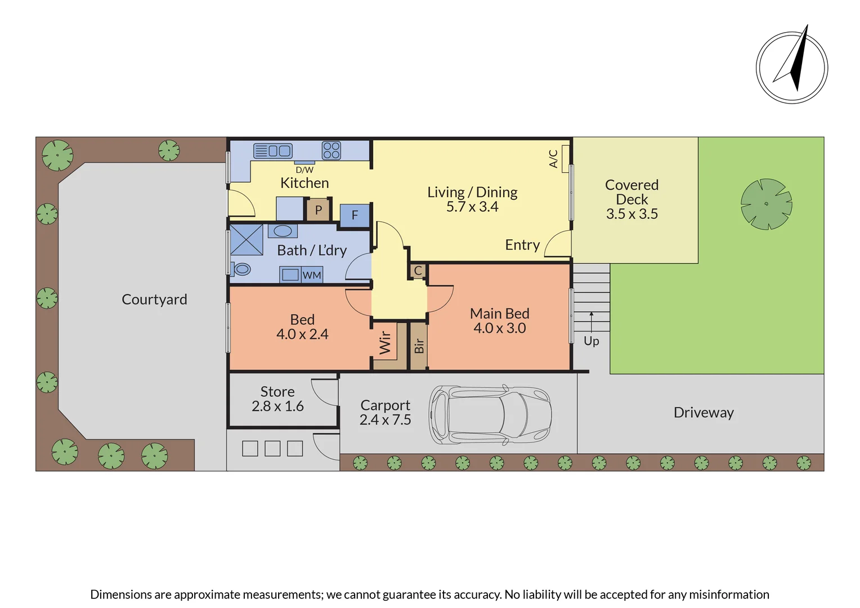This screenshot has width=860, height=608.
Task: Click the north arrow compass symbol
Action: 791,68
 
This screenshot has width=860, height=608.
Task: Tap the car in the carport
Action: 490,415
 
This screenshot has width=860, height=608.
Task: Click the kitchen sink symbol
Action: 272,151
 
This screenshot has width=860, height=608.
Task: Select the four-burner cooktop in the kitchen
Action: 331,150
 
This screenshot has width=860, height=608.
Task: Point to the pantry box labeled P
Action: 318,210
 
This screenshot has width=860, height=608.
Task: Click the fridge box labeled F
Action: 355,215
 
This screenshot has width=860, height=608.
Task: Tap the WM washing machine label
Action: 312,275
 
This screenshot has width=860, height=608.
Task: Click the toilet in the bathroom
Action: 241,269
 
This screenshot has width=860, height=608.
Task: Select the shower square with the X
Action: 247,240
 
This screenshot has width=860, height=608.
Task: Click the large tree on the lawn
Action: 766,204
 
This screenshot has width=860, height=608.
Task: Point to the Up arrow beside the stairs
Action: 591,323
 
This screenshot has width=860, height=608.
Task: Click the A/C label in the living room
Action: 554,159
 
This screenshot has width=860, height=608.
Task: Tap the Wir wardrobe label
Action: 385,342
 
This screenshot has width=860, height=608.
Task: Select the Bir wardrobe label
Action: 419,346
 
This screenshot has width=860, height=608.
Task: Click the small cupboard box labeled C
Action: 418,271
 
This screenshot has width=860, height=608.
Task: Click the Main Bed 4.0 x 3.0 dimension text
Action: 499,328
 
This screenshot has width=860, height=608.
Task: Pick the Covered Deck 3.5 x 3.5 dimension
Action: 631,214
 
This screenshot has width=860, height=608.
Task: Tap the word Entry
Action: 522,245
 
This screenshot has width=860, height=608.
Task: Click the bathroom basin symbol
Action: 282,231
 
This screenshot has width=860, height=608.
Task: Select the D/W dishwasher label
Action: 304,169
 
